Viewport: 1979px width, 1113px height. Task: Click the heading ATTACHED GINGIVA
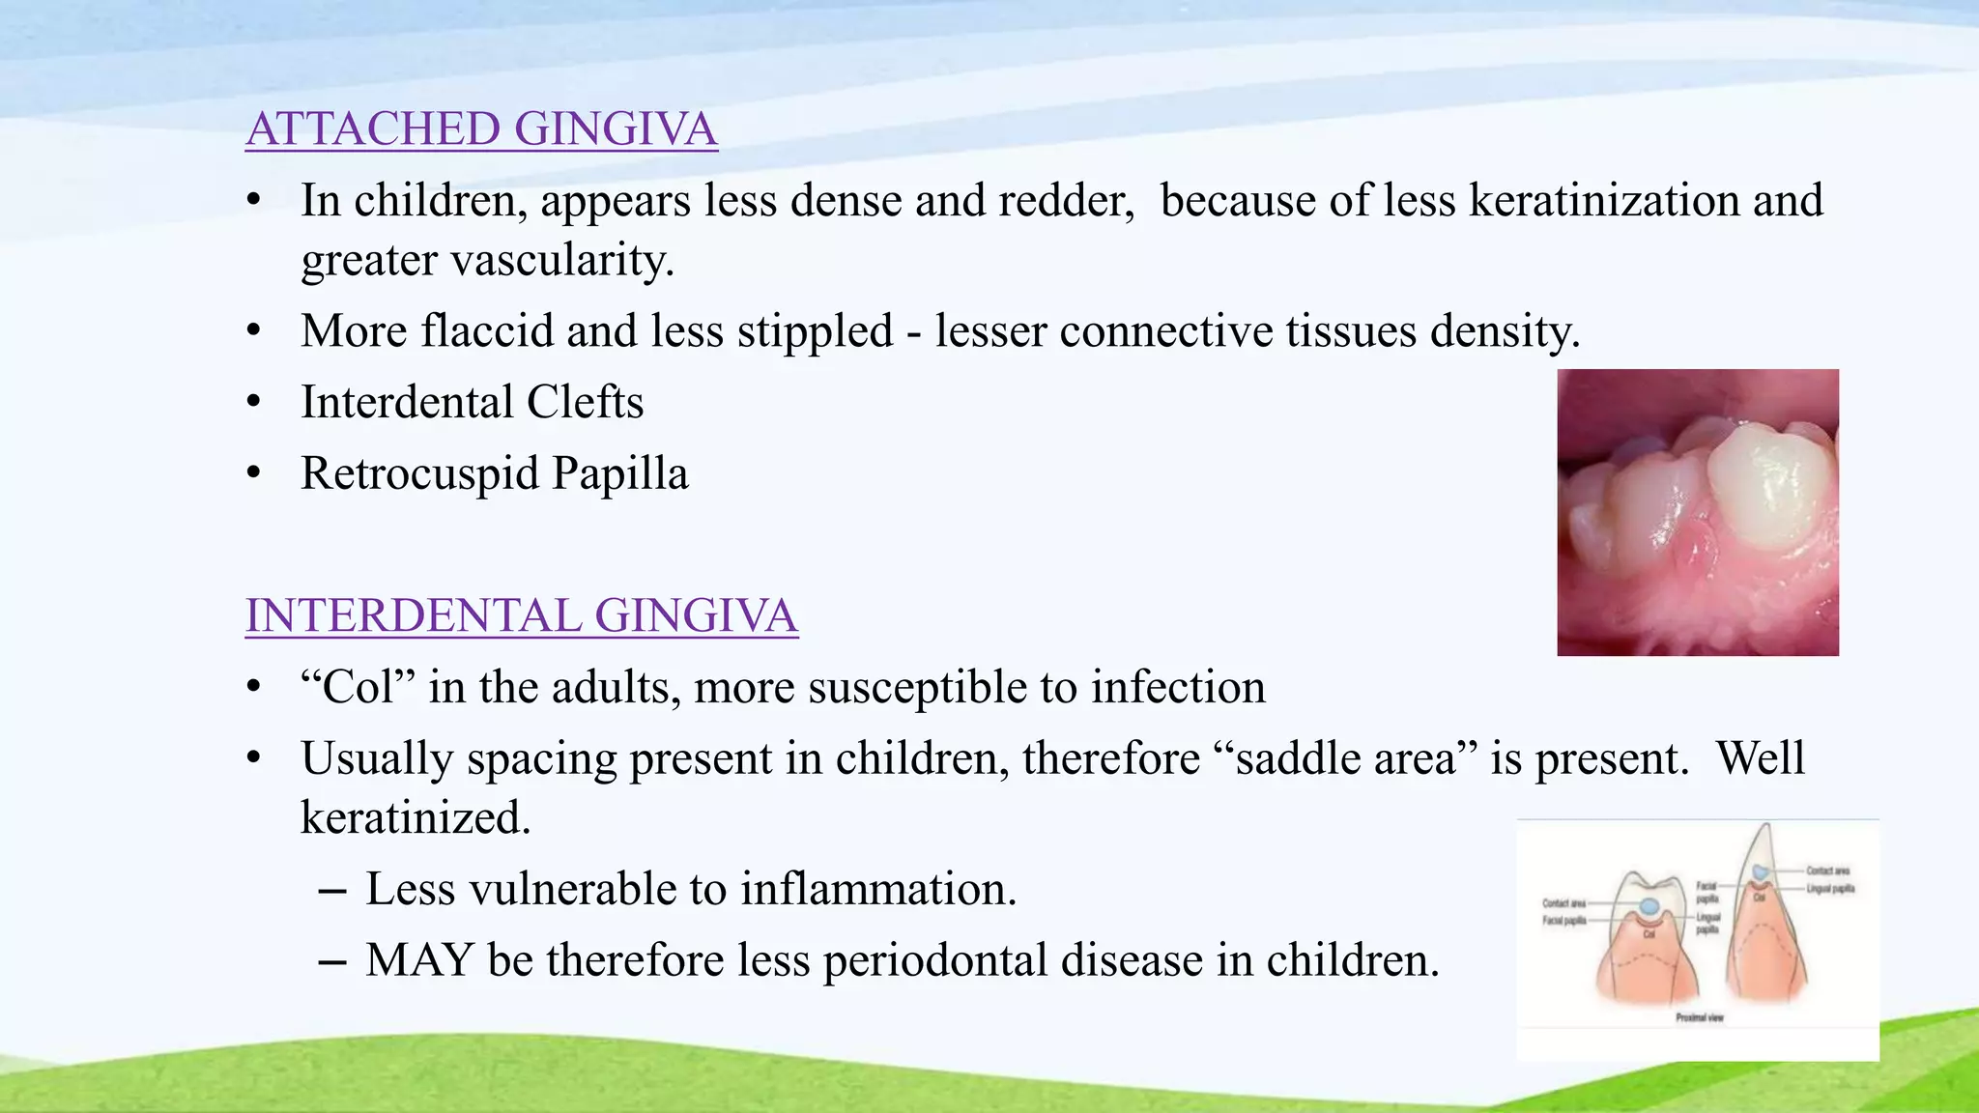481,129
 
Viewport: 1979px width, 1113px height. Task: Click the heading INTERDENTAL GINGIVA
521,616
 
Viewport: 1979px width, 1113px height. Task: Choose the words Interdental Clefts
472,403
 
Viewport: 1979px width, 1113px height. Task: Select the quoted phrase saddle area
1345,759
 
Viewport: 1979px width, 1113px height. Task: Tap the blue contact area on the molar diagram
1649,906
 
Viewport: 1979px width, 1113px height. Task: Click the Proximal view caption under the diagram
1699,1017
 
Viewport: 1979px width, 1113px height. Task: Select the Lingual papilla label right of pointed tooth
1830,888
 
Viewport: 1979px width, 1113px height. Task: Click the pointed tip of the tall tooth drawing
1766,828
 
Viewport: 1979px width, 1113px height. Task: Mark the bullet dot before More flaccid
254,331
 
